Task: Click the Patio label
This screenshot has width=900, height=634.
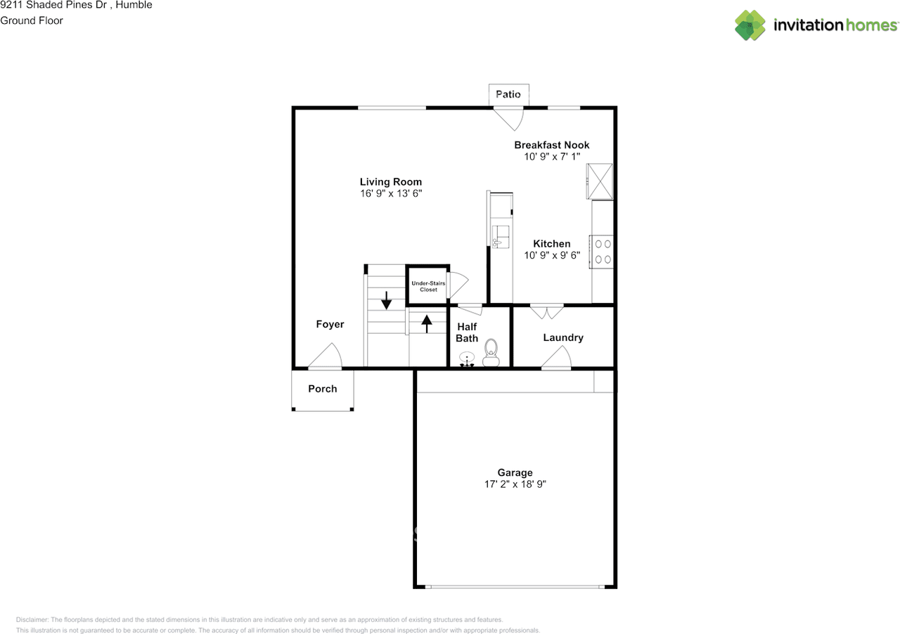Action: click(x=508, y=94)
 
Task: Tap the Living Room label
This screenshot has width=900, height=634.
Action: click(x=390, y=182)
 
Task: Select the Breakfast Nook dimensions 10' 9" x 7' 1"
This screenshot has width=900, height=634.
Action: click(x=552, y=157)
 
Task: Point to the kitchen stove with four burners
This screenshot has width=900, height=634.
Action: click(x=601, y=252)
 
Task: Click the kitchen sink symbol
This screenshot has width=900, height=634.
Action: click(x=501, y=237)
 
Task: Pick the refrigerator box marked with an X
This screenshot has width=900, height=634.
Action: click(x=600, y=181)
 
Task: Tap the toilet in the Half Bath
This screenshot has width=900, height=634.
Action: click(x=491, y=352)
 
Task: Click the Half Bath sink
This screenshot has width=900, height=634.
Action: click(x=467, y=358)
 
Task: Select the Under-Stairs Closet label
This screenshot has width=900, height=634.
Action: click(x=428, y=287)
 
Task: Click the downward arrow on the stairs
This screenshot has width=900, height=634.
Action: click(x=386, y=300)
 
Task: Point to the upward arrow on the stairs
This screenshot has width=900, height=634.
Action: click(x=427, y=324)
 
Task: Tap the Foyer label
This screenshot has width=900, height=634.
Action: click(x=330, y=324)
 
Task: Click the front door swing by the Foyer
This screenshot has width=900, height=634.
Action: click(x=326, y=355)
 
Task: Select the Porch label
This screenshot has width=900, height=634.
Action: click(x=323, y=389)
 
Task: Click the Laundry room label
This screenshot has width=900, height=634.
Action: click(x=563, y=337)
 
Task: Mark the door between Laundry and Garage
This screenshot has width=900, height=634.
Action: click(x=556, y=357)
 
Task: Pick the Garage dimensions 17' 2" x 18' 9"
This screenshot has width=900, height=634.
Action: click(x=515, y=484)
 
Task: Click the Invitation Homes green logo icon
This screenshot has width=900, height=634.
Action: click(x=750, y=25)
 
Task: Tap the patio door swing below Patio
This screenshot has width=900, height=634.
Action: click(x=508, y=119)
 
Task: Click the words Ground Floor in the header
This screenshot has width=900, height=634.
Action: click(x=32, y=20)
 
